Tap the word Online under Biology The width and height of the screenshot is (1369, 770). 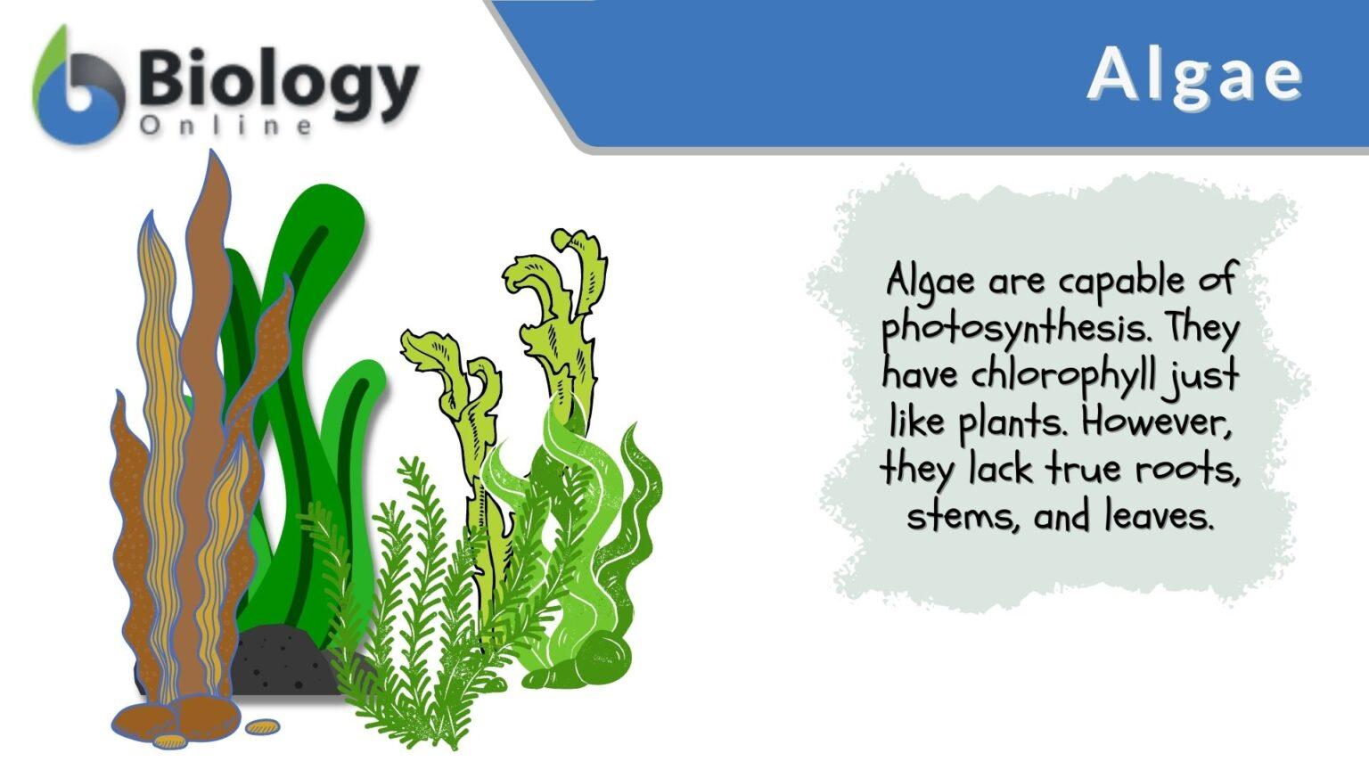[x=225, y=127]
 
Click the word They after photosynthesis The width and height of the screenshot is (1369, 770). [x=1203, y=329]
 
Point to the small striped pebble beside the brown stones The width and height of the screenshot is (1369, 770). [x=262, y=728]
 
